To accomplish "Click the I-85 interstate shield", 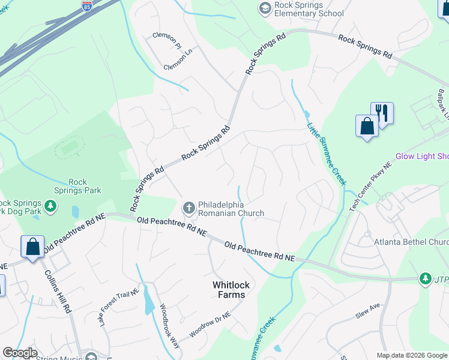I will pos(87,6).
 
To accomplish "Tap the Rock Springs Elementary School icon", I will pos(265,8).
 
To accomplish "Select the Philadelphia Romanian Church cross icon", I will pos(188,208).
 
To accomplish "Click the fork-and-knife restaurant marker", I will pos(381,112).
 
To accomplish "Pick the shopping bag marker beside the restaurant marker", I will pos(366,126).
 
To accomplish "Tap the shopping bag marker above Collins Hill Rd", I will pos(32,247).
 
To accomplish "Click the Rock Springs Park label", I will pos(85,186).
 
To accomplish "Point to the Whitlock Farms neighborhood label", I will pos(229,290).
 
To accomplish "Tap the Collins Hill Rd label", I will pos(58,290).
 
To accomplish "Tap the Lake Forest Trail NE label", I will pos(119,307).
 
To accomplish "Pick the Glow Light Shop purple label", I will pos(421,157).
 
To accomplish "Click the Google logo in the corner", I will pos(20,353).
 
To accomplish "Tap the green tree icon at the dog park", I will pos(51,207).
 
